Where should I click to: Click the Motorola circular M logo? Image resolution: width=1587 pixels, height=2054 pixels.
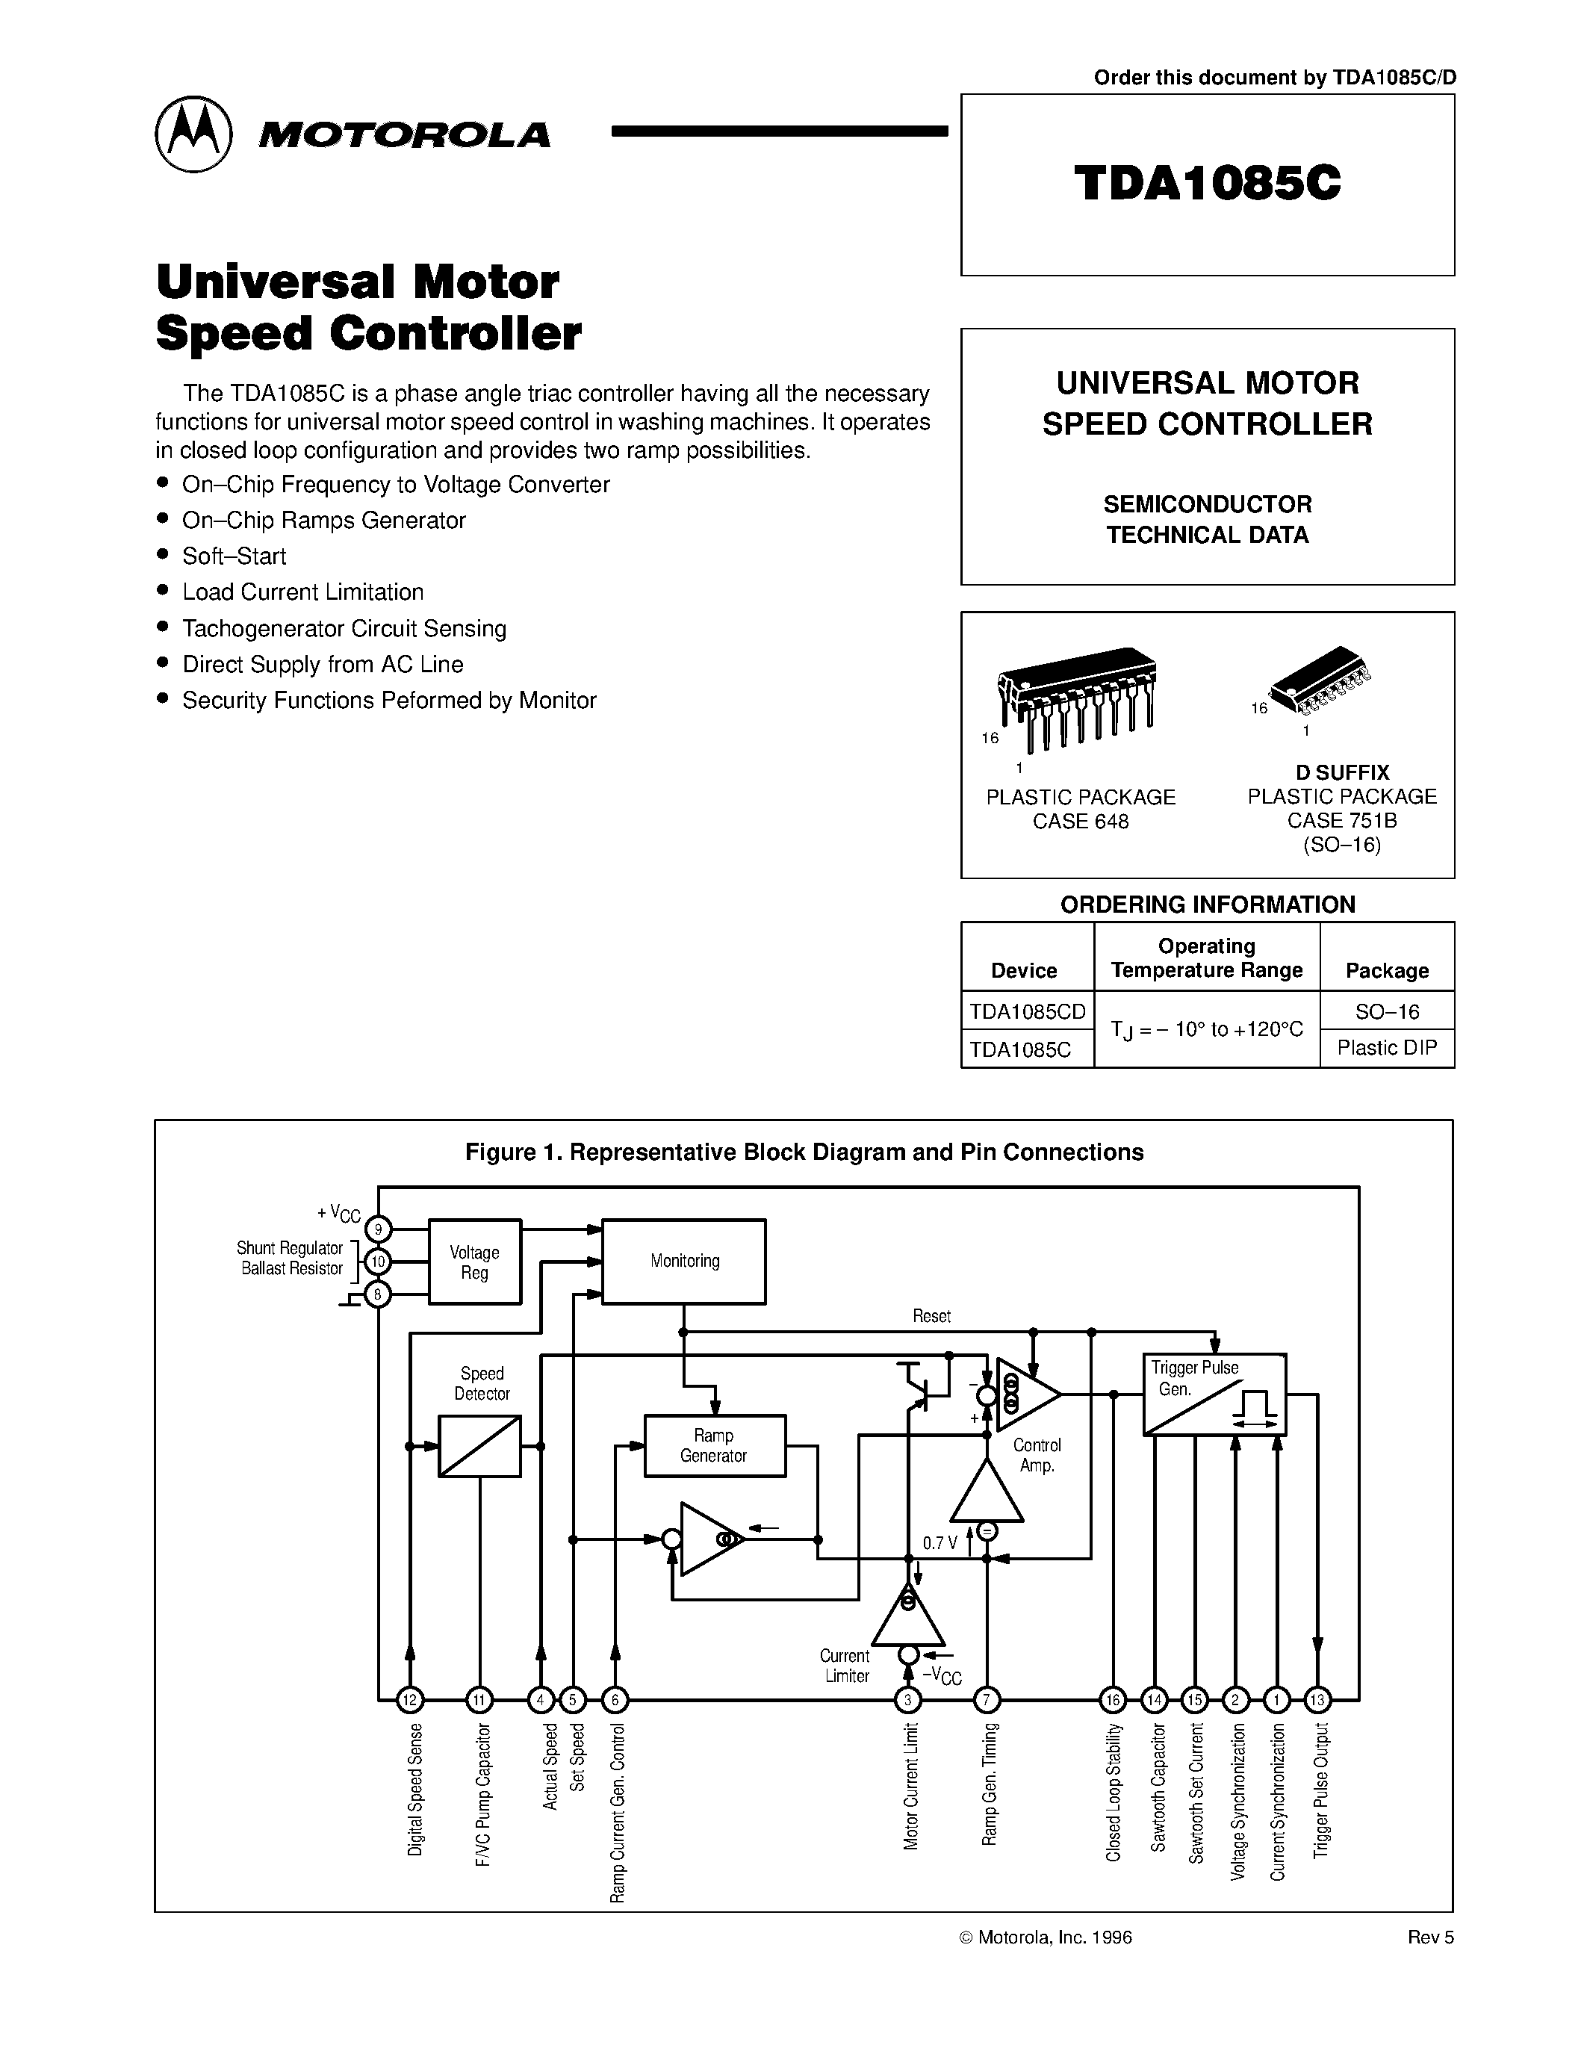193,134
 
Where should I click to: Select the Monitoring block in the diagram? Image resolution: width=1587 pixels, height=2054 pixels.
683,1262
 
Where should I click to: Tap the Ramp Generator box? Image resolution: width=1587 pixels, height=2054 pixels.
715,1445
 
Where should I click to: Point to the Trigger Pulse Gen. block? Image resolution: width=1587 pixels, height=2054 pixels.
1214,1394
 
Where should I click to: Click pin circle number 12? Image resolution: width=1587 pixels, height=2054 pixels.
410,1699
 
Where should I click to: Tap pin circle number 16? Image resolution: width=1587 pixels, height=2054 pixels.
1114,1699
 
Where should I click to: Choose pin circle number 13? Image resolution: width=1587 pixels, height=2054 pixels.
1318,1699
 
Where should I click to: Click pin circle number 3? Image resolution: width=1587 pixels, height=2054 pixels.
908,1699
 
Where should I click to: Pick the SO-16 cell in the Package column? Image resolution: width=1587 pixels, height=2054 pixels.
1387,1011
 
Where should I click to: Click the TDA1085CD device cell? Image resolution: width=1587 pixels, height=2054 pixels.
1027,1011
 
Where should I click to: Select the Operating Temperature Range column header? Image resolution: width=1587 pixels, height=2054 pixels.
1206,958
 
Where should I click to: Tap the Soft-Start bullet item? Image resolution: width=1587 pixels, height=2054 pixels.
234,556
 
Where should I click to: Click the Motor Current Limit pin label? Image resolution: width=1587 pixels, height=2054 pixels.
910,1786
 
